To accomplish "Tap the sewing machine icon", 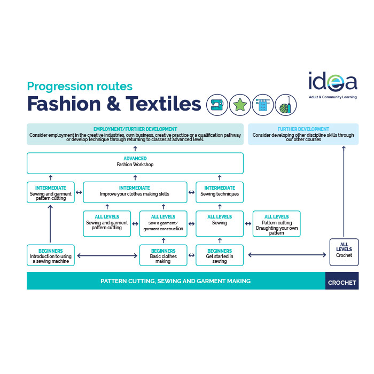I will point(217,105).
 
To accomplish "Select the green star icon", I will point(240,105).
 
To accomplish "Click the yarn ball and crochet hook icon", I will point(285,105).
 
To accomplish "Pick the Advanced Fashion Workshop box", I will point(135,162).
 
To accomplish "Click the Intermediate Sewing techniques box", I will point(220,192).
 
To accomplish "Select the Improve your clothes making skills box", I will point(135,192).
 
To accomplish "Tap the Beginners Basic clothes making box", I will point(163,255).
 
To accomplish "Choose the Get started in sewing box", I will point(220,255).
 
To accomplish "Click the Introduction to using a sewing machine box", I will point(51,255).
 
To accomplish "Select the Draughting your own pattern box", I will point(276,224).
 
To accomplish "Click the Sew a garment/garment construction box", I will point(163,224).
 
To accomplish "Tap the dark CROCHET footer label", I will point(342,281).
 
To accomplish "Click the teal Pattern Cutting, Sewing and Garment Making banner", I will point(176,281).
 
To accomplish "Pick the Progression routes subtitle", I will point(80,86).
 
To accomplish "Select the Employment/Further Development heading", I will point(135,129).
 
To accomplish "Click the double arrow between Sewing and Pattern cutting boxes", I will point(248,224).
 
